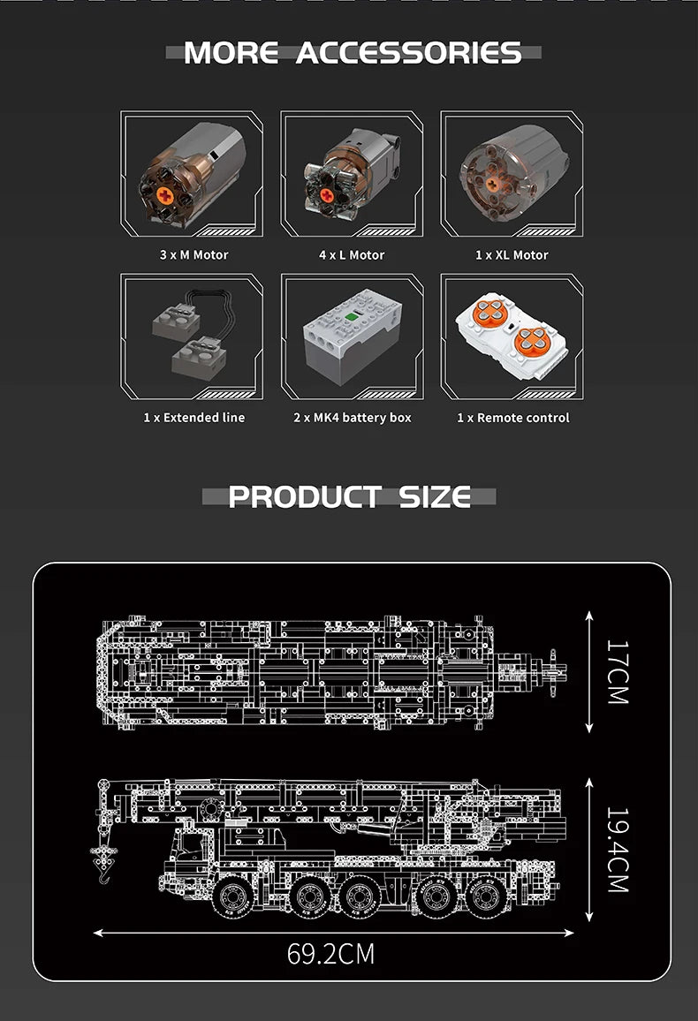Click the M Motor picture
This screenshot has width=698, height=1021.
point(193,175)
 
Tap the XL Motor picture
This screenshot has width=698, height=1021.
point(513,172)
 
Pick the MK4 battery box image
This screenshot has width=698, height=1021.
point(353,336)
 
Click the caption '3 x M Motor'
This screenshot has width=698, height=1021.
point(194,254)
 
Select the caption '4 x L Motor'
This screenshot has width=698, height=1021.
point(352,254)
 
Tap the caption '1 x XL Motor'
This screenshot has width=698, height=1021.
point(512,254)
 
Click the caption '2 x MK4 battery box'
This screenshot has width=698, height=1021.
point(353,418)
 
